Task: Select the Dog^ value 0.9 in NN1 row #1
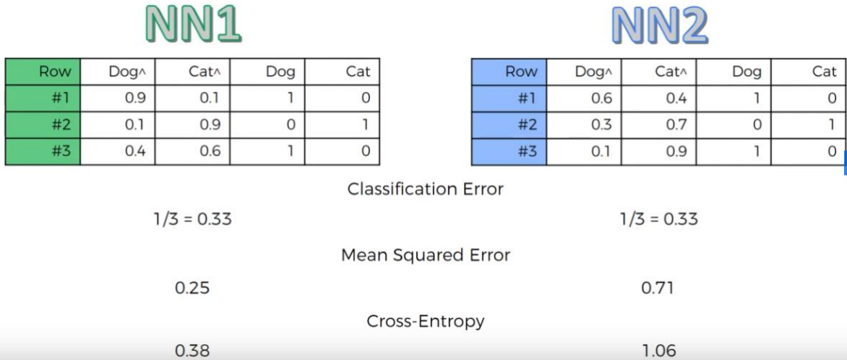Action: click(x=135, y=98)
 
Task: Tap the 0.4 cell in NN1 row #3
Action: click(x=135, y=151)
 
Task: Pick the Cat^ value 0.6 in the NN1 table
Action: click(x=210, y=151)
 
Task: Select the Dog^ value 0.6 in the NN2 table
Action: click(x=601, y=98)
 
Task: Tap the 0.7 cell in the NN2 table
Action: click(x=676, y=124)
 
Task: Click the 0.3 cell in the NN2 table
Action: click(x=601, y=124)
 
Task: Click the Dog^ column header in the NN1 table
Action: click(x=127, y=71)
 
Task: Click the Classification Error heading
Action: click(x=425, y=189)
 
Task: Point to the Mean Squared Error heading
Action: click(x=425, y=255)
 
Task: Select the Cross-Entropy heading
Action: click(x=425, y=321)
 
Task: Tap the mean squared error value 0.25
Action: click(x=192, y=288)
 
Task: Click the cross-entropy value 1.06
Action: click(x=658, y=351)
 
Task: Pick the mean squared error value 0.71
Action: click(x=658, y=288)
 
